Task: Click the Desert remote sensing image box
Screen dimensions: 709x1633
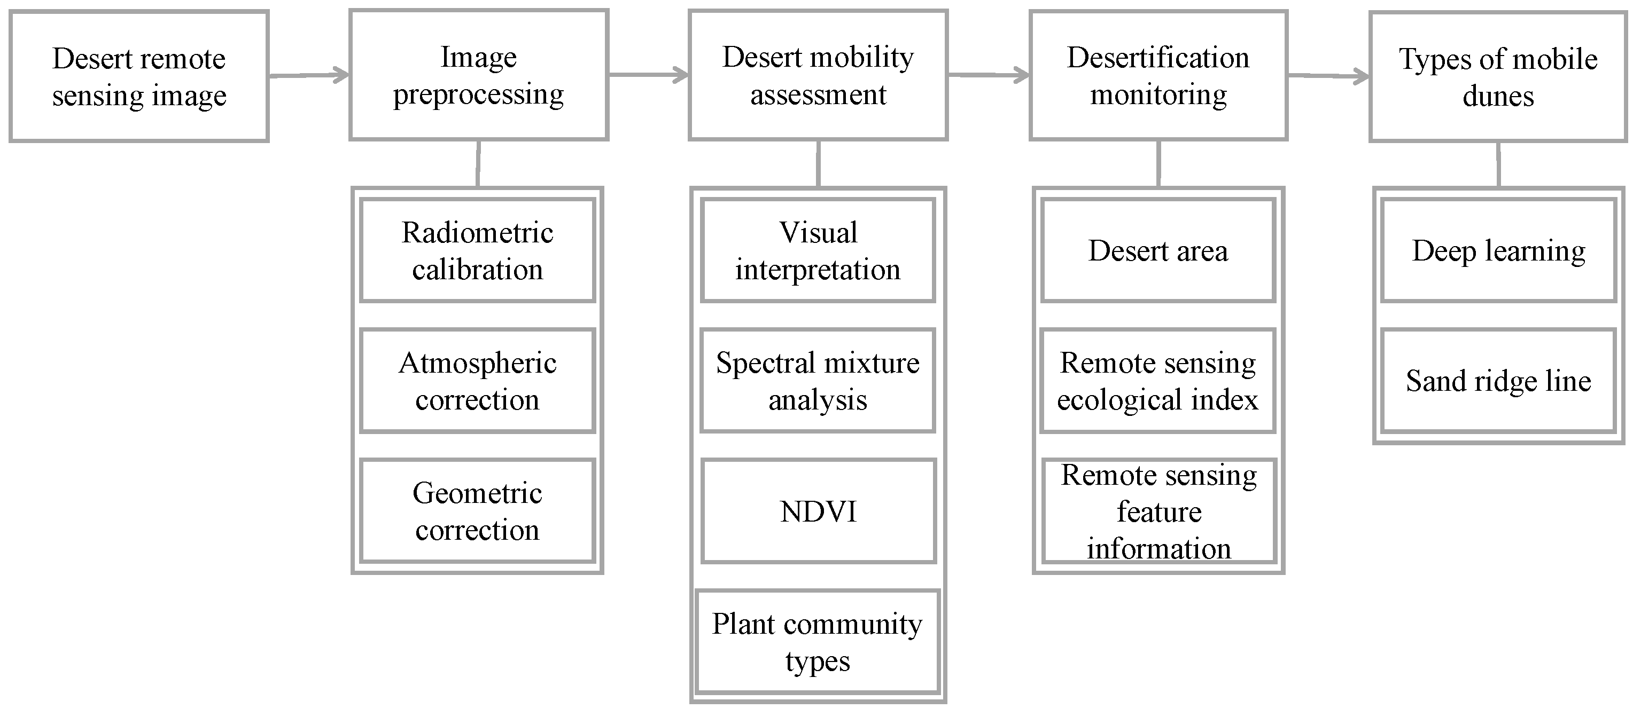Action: click(139, 76)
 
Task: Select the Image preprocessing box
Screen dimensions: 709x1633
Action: click(479, 75)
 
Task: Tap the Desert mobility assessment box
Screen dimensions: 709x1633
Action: click(818, 75)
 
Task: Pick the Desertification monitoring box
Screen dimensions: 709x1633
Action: click(1158, 75)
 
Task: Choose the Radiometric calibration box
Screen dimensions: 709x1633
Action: click(477, 251)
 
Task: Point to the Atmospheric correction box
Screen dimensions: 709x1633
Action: click(477, 381)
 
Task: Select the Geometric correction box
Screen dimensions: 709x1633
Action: click(477, 511)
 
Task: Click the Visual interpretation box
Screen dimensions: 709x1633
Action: click(818, 251)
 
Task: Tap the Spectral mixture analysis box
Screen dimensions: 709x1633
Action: click(818, 381)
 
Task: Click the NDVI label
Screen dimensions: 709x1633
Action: click(818, 511)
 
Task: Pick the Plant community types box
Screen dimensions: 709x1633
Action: click(817, 642)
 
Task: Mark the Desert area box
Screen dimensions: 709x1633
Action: click(1158, 251)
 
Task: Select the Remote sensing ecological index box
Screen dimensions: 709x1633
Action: click(1157, 381)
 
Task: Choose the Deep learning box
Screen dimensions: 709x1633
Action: click(1498, 251)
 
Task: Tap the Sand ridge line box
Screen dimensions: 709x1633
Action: click(1498, 381)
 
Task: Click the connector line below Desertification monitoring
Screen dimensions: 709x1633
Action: click(1159, 163)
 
